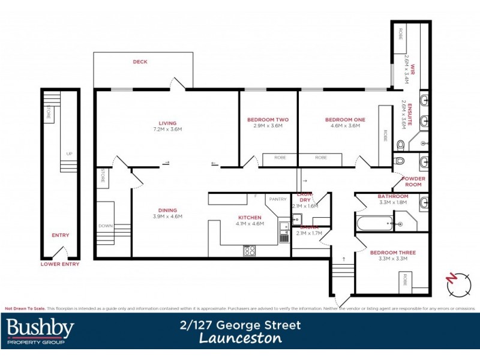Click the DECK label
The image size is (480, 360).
click(140, 62)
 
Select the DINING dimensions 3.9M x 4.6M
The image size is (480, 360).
click(167, 216)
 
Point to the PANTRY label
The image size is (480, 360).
click(278, 199)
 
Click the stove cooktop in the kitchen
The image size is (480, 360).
click(250, 250)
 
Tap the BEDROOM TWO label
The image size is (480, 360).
click(268, 120)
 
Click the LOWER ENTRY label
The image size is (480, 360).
click(59, 263)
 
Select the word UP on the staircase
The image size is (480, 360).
click(70, 154)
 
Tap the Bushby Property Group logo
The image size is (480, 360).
click(40, 331)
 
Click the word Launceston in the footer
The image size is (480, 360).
click(241, 339)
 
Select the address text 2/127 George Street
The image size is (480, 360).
click(241, 325)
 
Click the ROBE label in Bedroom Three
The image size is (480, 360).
click(406, 280)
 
